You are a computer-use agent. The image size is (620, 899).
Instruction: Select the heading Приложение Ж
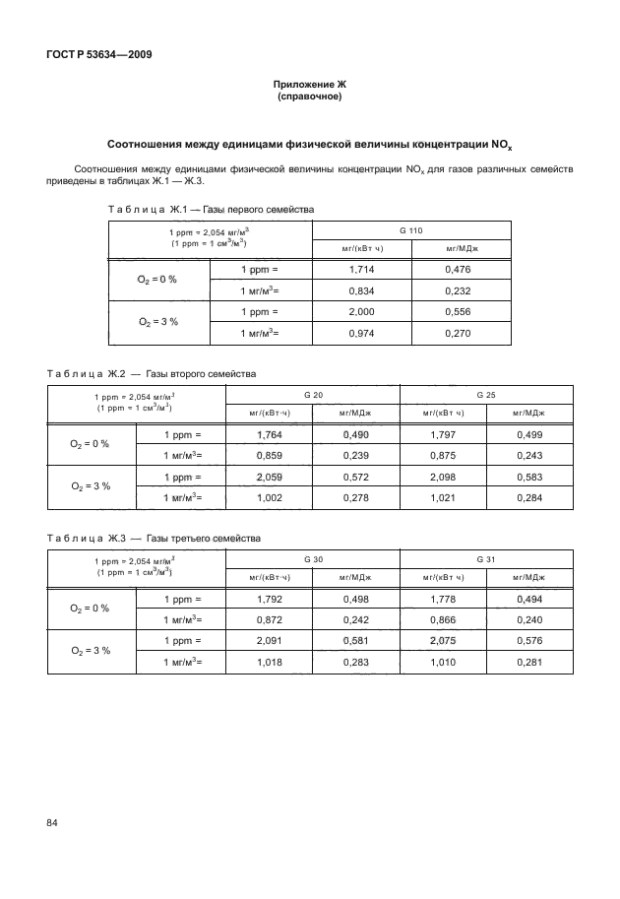click(309, 87)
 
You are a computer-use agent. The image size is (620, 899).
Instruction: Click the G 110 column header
click(411, 229)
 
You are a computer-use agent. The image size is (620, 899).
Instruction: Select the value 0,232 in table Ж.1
click(459, 290)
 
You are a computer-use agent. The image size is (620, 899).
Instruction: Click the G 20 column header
click(314, 394)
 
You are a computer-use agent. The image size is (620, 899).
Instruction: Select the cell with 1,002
click(270, 498)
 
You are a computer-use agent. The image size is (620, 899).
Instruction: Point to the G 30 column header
click(314, 558)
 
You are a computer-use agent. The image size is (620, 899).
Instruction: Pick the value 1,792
click(270, 598)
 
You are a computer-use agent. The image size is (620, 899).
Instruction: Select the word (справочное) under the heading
click(309, 98)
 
